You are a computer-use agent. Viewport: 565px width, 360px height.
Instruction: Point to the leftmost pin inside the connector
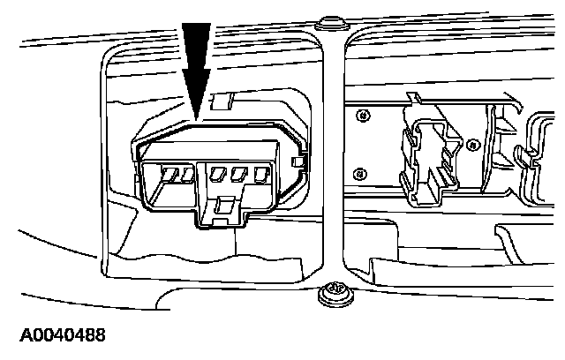pyautogui.click(x=172, y=175)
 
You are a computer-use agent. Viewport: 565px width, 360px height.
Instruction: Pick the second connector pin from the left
pyautogui.click(x=188, y=175)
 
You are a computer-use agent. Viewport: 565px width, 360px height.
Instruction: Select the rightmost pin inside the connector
pyautogui.click(x=260, y=175)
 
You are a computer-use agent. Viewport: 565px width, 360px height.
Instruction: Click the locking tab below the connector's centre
pyautogui.click(x=223, y=210)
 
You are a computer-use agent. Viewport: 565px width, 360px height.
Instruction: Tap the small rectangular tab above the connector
pyautogui.click(x=222, y=101)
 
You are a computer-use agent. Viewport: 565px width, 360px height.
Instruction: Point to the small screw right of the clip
pyautogui.click(x=472, y=143)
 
